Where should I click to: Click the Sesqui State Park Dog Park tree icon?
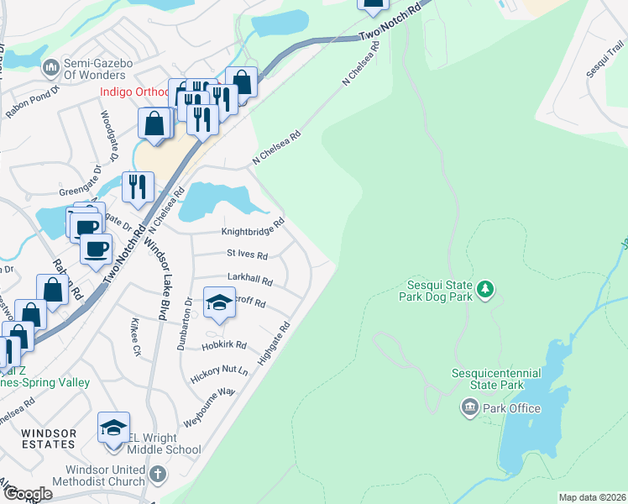coord(484,290)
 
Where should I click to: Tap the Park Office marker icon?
coord(469,408)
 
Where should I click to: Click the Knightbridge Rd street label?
coord(253,231)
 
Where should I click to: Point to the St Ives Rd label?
coord(247,255)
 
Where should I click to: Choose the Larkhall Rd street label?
coord(250,279)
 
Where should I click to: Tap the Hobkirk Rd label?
coord(224,345)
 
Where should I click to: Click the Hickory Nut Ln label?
coord(221,370)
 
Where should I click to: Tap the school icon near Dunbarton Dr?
coord(218,302)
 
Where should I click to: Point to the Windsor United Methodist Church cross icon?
coord(157,475)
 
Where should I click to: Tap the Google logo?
coord(28,493)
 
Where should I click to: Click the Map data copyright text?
coord(592,497)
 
